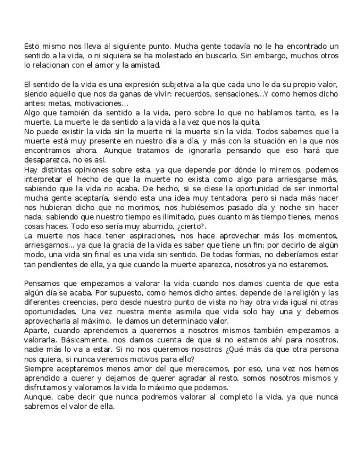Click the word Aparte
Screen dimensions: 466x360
(x=37, y=331)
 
